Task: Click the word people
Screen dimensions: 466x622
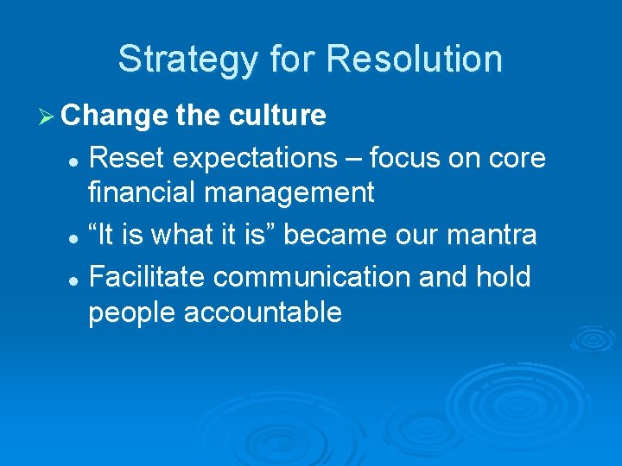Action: pos(131,312)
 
